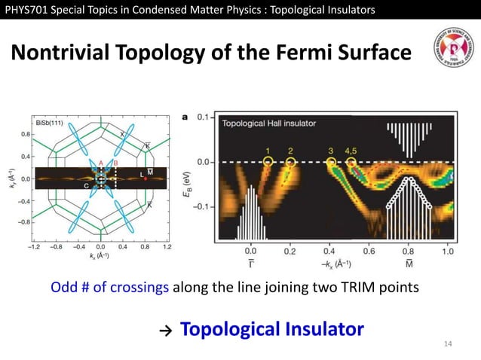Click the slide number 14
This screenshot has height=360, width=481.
(x=449, y=344)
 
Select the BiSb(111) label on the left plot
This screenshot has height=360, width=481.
(x=51, y=122)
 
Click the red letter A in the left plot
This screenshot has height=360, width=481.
(x=100, y=163)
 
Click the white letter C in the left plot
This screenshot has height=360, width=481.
(x=86, y=185)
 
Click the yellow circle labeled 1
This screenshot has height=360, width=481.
(x=268, y=161)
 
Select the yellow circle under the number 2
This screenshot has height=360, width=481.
(x=291, y=161)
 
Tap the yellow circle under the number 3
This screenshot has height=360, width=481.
(x=331, y=161)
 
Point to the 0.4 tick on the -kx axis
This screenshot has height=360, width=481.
(x=329, y=253)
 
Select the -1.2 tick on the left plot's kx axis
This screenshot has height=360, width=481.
(x=34, y=246)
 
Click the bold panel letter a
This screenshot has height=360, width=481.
(x=185, y=117)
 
